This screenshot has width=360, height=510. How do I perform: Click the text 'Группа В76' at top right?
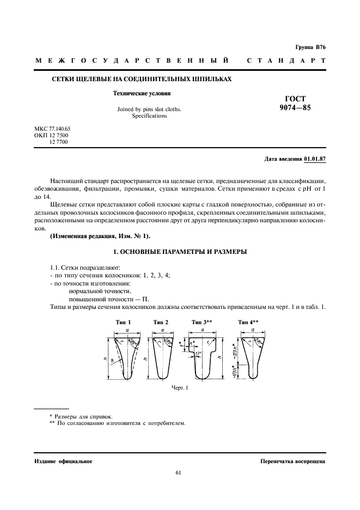[x=310, y=48]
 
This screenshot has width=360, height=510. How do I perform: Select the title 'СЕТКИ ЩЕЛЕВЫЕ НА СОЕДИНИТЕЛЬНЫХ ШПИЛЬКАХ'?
[x=142, y=80]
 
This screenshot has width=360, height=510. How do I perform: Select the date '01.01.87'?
[x=314, y=159]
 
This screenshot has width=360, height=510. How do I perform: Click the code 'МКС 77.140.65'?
[x=53, y=129]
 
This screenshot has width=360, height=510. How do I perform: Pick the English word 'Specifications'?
[x=149, y=116]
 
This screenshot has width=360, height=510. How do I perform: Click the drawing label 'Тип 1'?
[x=123, y=322]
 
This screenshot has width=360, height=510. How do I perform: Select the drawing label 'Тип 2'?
[x=161, y=322]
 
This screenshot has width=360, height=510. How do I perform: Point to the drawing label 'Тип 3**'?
[x=202, y=322]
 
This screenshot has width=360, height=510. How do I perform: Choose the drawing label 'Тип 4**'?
[x=248, y=322]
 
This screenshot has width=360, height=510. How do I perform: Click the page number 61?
[x=179, y=472]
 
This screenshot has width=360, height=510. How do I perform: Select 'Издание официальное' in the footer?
[x=63, y=461]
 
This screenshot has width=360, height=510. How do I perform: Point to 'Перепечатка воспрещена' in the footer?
[x=293, y=461]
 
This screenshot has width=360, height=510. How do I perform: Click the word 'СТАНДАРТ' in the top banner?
[x=287, y=61]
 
